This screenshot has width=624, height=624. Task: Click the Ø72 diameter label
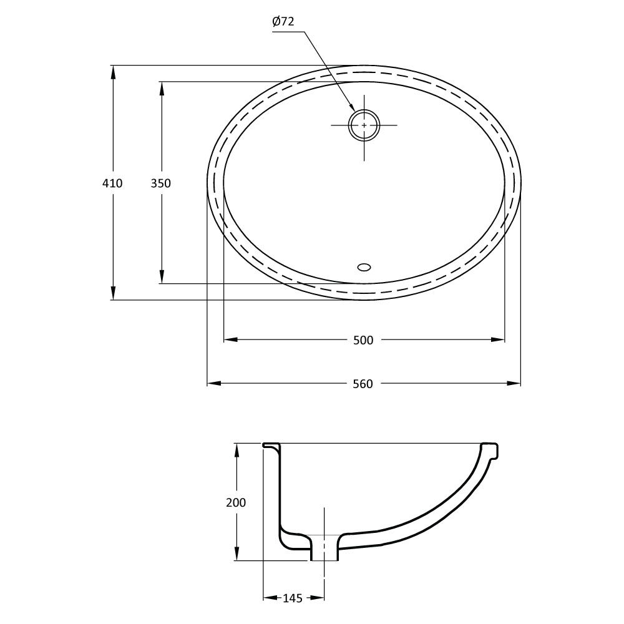pos(283,21)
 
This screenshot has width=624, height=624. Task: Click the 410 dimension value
pos(112,183)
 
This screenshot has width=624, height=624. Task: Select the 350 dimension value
pos(161,183)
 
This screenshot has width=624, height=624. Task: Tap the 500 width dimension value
pos(363,340)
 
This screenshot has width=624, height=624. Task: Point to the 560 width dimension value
pos(363,384)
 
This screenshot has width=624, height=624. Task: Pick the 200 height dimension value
pos(236,502)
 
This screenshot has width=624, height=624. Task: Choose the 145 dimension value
pos(293,598)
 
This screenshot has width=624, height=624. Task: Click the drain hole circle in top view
pos(364,110)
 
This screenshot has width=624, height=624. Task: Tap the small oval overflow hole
pos(364,267)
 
